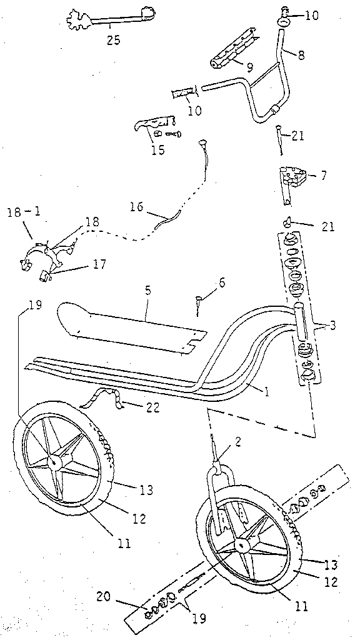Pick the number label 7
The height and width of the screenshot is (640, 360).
click(323, 176)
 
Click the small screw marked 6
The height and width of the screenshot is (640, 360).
click(198, 302)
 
